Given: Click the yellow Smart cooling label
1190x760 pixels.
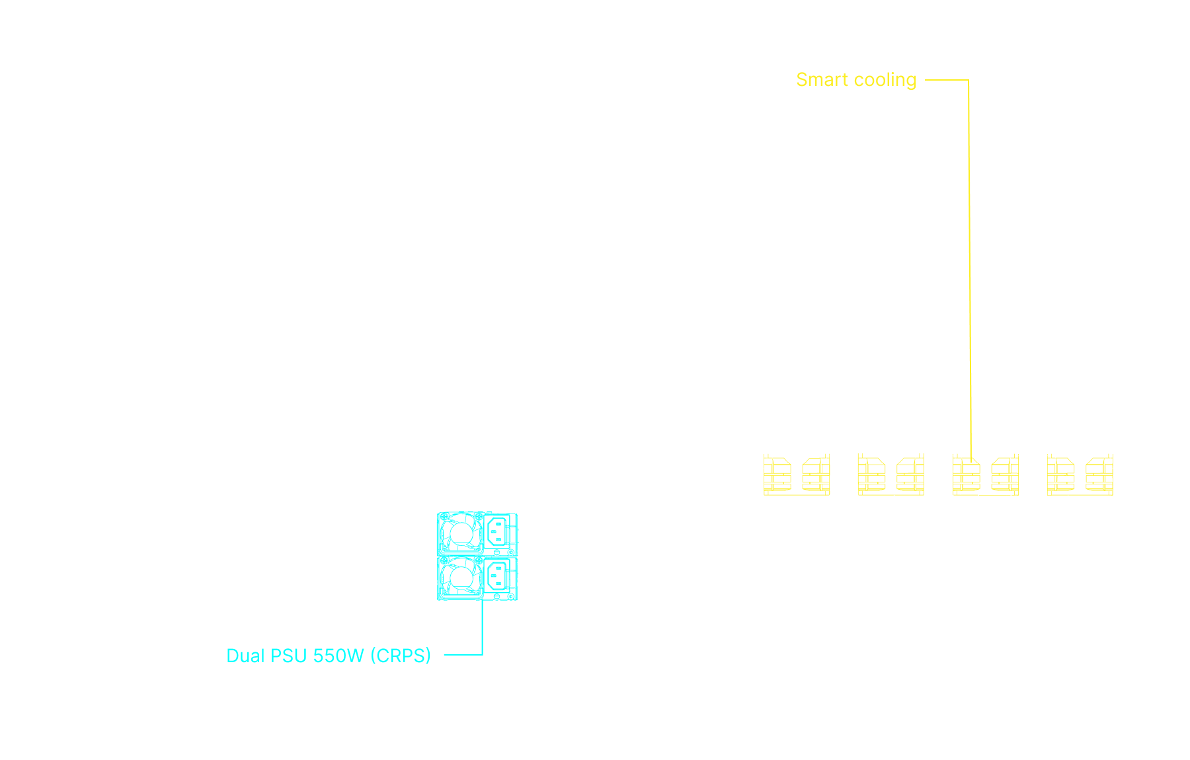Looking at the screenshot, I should point(855,80).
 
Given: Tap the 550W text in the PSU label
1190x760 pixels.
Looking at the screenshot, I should point(338,656).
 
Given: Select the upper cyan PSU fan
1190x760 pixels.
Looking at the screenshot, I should point(460,532).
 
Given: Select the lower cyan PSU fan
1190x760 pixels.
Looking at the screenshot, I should point(460,577).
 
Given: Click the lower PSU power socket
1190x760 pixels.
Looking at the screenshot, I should point(498,576).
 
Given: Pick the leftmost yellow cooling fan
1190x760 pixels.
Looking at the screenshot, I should point(777,475).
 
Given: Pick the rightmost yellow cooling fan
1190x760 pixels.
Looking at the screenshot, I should point(1099,475).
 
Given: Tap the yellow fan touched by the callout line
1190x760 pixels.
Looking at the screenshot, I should point(967,475).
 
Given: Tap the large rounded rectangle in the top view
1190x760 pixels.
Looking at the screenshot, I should point(718,297).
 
